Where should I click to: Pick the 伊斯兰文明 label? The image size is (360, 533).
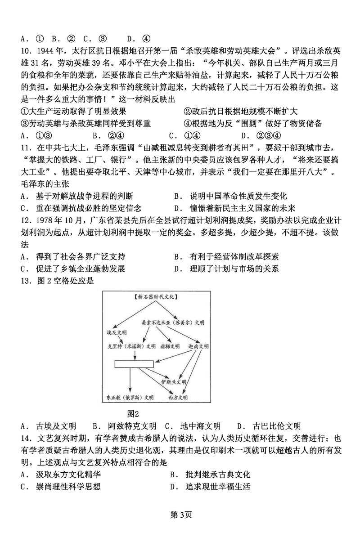coord(174,382)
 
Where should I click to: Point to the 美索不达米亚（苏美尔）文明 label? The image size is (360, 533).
coord(173,322)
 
